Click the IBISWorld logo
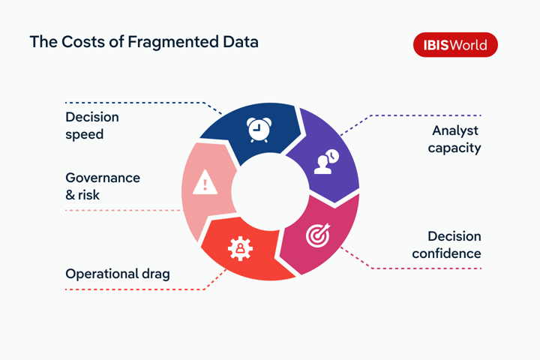(x=455, y=45)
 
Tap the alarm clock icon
(x=258, y=130)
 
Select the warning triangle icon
(x=205, y=183)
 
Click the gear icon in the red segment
(x=240, y=248)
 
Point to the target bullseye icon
(x=318, y=235)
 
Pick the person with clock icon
(x=325, y=163)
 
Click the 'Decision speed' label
(x=92, y=126)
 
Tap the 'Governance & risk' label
(x=103, y=186)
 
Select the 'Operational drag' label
(x=118, y=274)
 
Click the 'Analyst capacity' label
(x=454, y=139)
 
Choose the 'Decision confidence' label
(x=447, y=244)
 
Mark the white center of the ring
(x=270, y=191)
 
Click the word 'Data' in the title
(x=238, y=42)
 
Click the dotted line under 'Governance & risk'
(x=124, y=210)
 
